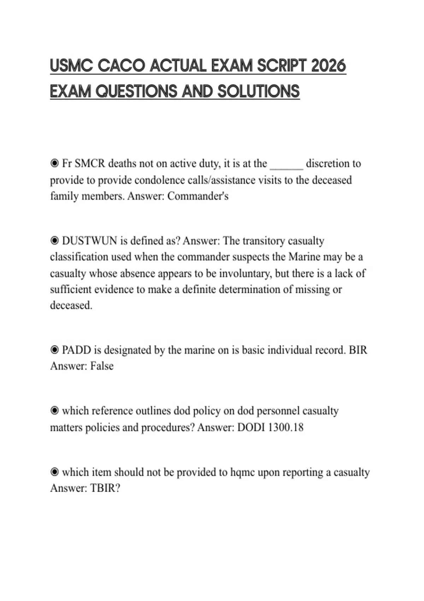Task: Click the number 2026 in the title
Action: pos(328,66)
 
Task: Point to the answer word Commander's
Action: pos(198,196)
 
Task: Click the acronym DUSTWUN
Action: pos(89,241)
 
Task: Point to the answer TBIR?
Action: pos(105,488)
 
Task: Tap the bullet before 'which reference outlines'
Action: pos(54,411)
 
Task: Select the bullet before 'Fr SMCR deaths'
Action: pos(54,164)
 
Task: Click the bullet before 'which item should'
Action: pos(54,472)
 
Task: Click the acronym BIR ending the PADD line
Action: pos(358,350)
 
